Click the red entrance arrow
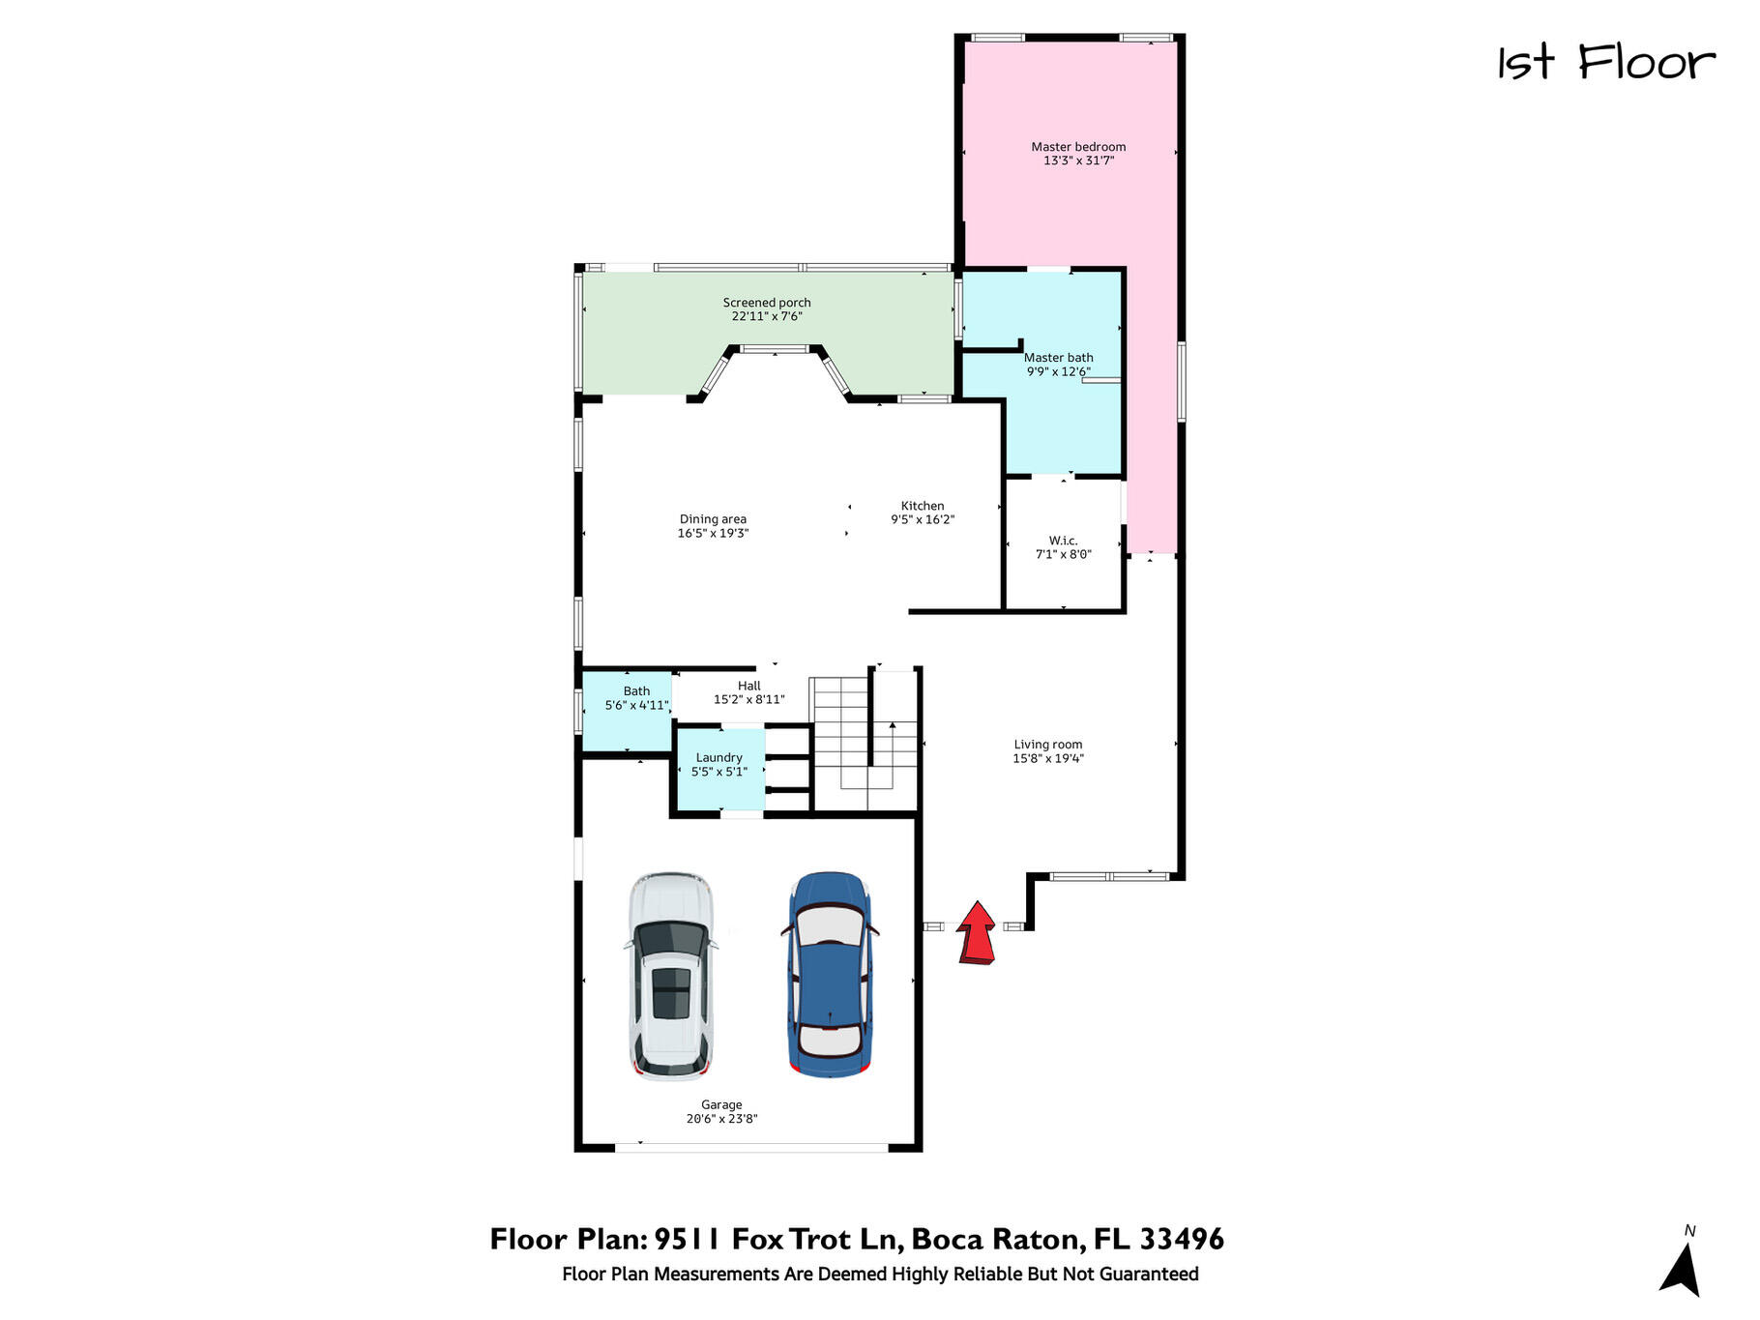click(x=977, y=932)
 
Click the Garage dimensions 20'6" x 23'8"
click(x=722, y=1119)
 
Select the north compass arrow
click(x=1683, y=1269)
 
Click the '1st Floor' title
click(x=1606, y=63)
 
